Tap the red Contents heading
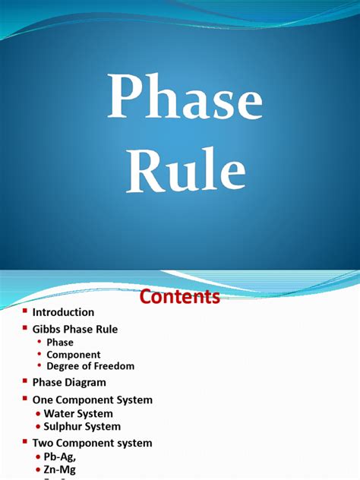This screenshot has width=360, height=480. [x=179, y=296]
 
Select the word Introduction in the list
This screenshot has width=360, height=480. [x=63, y=312]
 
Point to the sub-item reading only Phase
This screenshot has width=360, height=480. [x=60, y=343]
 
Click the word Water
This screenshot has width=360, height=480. [x=60, y=414]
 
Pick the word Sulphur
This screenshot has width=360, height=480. [x=65, y=427]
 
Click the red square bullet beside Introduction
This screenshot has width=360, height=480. [x=24, y=311]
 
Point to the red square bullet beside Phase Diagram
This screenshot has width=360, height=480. [x=24, y=382]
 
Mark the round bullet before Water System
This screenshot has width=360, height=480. [x=38, y=414]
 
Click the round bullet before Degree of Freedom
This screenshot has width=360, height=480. [x=39, y=366]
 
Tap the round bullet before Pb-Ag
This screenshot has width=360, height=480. [x=38, y=457]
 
